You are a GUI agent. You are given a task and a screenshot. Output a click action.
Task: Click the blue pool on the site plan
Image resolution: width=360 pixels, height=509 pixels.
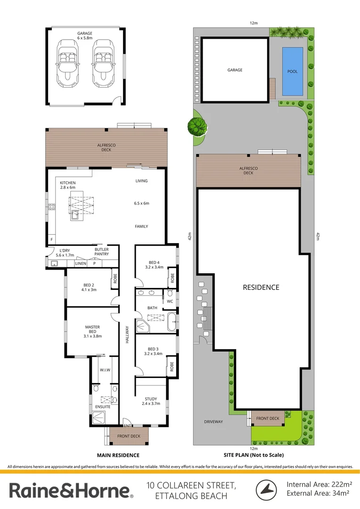[292, 71]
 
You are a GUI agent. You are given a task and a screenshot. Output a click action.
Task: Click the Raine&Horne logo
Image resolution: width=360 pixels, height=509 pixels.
[71, 491]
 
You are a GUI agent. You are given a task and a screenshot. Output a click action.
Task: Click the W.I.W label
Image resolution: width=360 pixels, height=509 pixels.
[105, 370]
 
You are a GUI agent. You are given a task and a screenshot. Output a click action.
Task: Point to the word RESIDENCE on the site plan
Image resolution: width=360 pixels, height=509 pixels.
[261, 287]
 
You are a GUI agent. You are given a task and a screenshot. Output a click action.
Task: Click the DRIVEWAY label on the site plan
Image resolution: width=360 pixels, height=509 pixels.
[213, 421]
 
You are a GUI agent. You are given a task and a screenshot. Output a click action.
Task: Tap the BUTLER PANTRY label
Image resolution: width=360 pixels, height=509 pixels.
[102, 252]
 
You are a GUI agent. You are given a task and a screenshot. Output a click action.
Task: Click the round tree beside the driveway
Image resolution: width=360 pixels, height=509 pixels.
[197, 126]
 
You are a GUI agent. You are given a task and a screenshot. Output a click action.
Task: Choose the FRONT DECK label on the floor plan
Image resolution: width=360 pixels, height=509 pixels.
[129, 436]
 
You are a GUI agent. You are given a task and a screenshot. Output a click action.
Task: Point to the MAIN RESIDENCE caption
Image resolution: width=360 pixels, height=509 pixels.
[118, 455]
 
